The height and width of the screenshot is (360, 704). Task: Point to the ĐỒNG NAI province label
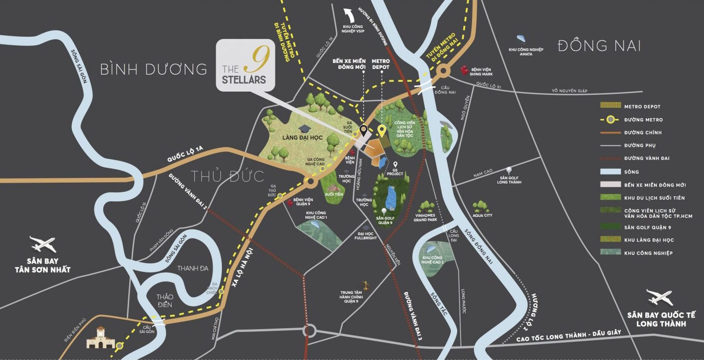click(599, 46)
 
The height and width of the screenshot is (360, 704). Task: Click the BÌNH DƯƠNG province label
click(153, 69)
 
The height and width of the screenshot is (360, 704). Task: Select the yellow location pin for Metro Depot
click(381, 131)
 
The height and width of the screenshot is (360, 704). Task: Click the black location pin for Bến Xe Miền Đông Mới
click(363, 130)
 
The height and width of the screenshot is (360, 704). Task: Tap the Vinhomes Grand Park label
click(425, 217)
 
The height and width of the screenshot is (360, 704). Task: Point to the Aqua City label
click(482, 215)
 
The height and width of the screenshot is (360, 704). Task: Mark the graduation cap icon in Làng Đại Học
click(304, 129)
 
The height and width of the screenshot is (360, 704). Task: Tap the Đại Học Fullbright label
click(366, 236)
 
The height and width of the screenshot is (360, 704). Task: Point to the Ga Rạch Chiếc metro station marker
click(221, 292)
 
